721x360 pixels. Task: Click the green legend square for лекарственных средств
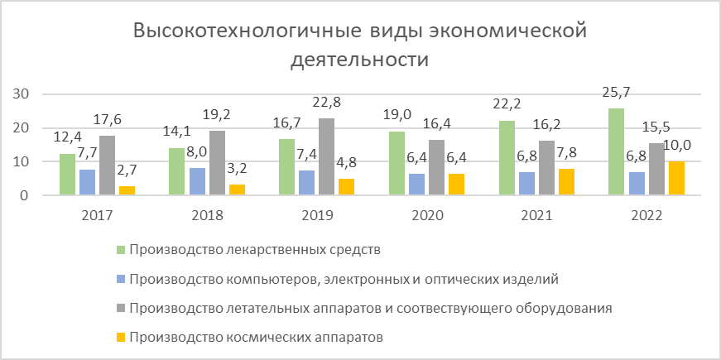[121, 248]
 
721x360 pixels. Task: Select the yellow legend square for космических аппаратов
[121, 338]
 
